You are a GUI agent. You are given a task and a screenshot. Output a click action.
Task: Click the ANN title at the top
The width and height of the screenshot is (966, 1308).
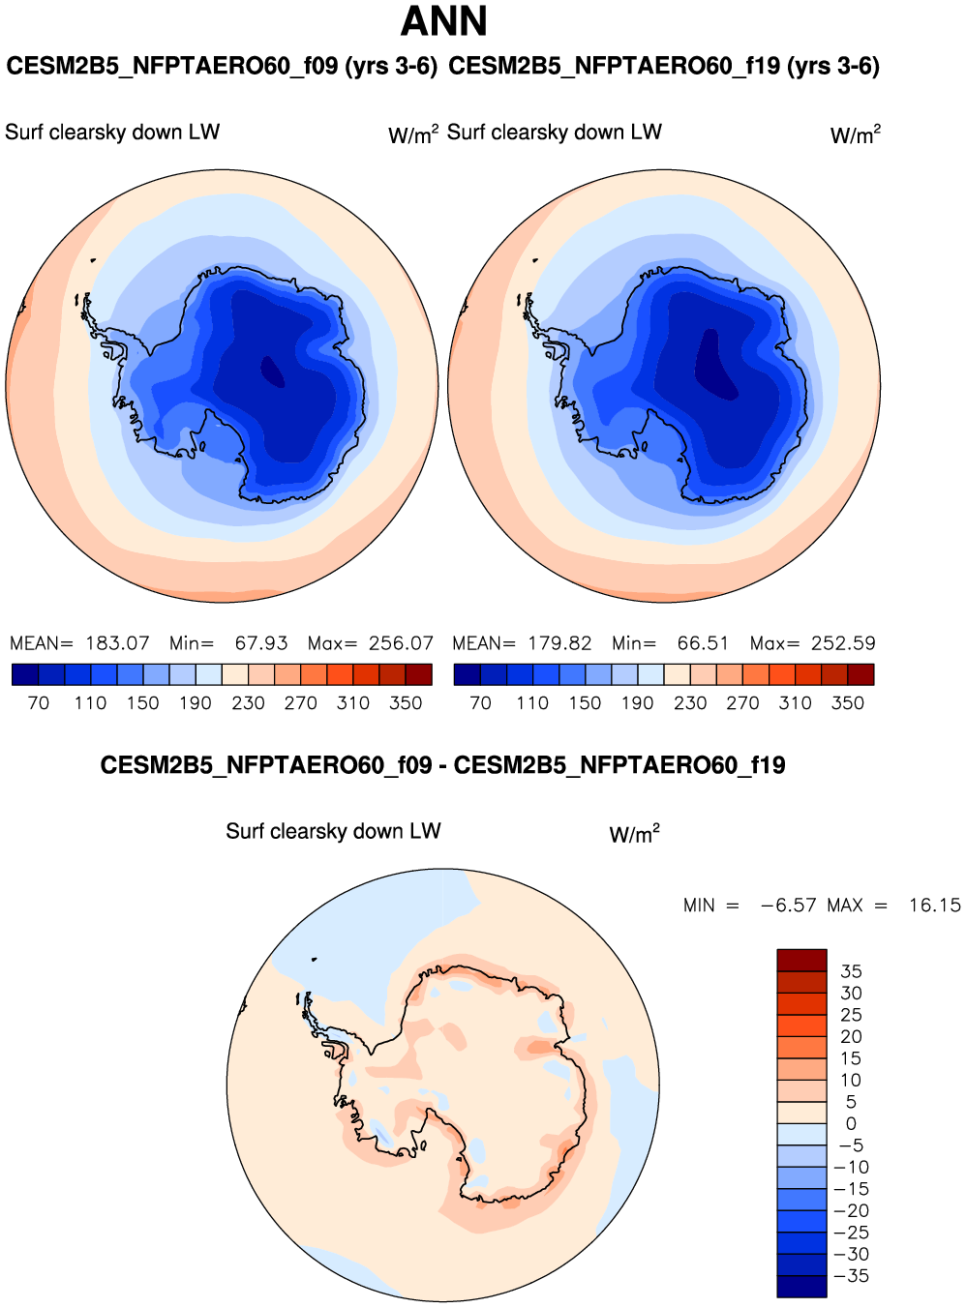pyautogui.click(x=443, y=21)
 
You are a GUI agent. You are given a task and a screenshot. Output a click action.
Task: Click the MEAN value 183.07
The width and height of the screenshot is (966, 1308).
pyautogui.click(x=117, y=643)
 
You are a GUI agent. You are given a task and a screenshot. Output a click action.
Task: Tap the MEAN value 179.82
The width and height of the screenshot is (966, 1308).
pyautogui.click(x=559, y=643)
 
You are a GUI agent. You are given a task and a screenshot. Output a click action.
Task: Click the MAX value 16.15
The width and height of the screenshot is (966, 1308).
pyautogui.click(x=934, y=906)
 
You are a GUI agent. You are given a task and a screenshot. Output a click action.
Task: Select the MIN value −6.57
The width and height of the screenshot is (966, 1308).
pyautogui.click(x=789, y=906)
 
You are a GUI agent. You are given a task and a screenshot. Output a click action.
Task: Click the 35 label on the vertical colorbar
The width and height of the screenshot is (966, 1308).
pyautogui.click(x=851, y=971)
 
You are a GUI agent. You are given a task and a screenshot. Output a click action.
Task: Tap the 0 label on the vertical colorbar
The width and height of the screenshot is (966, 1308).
pyautogui.click(x=851, y=1124)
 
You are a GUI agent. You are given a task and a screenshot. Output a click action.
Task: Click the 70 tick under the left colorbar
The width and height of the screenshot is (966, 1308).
pyautogui.click(x=39, y=703)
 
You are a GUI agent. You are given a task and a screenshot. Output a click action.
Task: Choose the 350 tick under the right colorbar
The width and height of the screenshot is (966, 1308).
pyautogui.click(x=847, y=703)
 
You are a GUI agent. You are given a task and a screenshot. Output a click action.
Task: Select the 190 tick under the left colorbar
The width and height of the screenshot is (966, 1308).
pyautogui.click(x=195, y=703)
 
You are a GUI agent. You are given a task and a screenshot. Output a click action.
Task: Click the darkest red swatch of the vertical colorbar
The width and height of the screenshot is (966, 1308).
pyautogui.click(x=801, y=960)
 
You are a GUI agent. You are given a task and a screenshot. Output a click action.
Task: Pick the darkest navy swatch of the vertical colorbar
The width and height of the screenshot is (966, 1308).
pyautogui.click(x=801, y=1287)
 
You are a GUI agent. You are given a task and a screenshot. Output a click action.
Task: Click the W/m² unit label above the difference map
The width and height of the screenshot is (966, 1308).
pyautogui.click(x=634, y=834)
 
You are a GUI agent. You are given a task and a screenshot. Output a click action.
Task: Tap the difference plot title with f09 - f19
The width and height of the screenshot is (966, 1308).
pyautogui.click(x=442, y=765)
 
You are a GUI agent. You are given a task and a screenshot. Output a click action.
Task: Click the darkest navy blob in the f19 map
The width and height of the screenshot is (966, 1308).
pyautogui.click(x=715, y=366)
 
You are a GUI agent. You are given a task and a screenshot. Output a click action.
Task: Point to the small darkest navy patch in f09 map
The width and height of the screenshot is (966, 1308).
pyautogui.click(x=272, y=372)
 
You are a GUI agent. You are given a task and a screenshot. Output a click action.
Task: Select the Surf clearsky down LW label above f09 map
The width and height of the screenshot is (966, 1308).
pyautogui.click(x=112, y=133)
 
